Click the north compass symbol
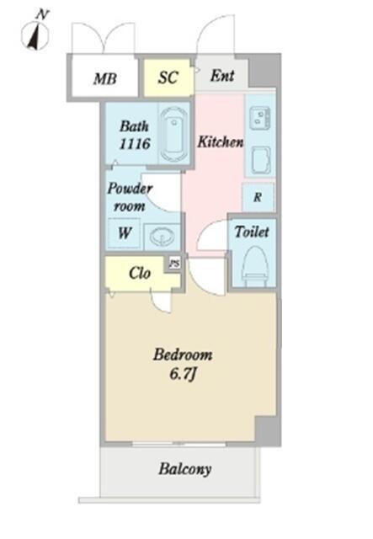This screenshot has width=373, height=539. (35, 33)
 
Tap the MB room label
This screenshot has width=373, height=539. (105, 78)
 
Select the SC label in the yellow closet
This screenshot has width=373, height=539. (168, 77)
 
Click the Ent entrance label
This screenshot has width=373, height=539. (222, 75)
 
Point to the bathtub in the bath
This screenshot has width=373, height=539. (174, 133)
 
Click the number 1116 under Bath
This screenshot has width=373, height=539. (135, 143)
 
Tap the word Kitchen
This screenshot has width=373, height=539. (221, 141)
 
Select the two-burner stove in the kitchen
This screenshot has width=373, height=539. (260, 118)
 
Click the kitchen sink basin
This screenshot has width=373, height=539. (261, 160)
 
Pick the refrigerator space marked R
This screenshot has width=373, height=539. (258, 197)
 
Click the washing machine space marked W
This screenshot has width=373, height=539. (124, 233)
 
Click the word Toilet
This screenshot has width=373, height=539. (252, 232)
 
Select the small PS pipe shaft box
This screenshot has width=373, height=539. (174, 264)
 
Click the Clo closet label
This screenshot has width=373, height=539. (140, 273)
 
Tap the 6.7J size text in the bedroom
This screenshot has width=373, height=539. (183, 374)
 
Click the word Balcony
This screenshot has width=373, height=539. (184, 469)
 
